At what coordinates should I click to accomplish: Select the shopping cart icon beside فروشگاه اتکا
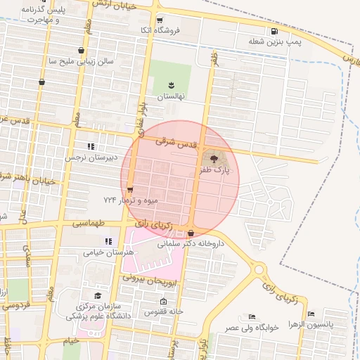pyautogui.click(x=160, y=20)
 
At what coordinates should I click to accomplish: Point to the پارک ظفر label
pyautogui.click(x=215, y=169)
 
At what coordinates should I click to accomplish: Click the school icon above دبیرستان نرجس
pyautogui.click(x=90, y=146)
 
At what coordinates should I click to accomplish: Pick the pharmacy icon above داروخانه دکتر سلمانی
pyautogui.click(x=191, y=233)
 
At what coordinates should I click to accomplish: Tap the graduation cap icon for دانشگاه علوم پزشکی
pyautogui.click(x=97, y=296)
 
